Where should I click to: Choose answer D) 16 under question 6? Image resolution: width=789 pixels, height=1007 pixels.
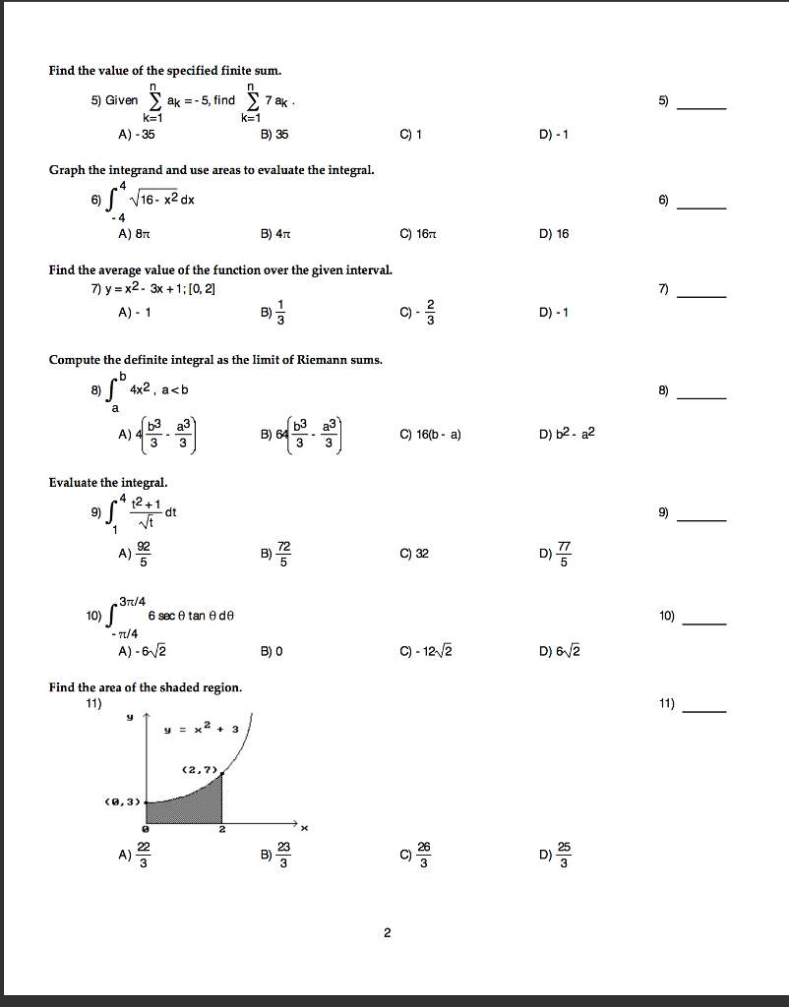pos(554,233)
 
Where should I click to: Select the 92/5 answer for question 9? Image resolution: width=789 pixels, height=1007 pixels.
pos(137,554)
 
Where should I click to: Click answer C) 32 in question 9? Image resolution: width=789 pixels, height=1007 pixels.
pos(414,554)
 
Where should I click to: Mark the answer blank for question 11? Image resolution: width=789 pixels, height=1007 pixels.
pos(705,710)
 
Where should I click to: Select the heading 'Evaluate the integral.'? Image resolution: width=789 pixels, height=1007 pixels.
pos(108,482)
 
